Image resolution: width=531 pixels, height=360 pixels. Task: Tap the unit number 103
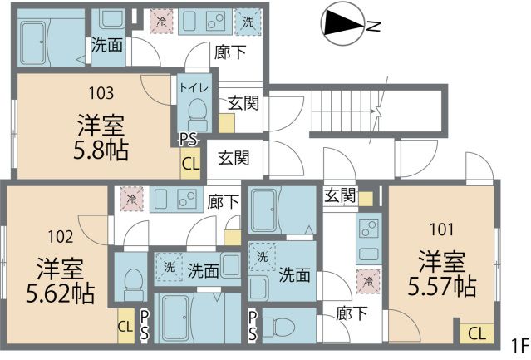coord(101,93)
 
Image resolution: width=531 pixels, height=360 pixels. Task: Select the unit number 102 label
coord(61,237)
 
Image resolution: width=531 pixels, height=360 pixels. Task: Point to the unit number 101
coord(442,229)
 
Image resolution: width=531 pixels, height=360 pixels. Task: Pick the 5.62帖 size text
coord(61,293)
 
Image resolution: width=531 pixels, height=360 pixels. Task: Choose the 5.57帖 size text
coord(442,286)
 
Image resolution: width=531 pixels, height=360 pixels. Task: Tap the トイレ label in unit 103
coord(194,88)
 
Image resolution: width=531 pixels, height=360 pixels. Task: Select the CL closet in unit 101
coord(476,333)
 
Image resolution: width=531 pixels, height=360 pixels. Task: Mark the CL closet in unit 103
coord(190,163)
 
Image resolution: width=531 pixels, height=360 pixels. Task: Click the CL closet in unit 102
coord(125,326)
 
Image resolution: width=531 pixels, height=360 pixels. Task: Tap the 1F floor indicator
coord(520,345)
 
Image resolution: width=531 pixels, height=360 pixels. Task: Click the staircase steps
coord(342,111)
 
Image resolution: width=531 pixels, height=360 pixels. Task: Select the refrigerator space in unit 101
coord(368,281)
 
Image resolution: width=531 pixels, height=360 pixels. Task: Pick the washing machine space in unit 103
coord(248,22)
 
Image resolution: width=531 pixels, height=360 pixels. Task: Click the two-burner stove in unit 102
coord(187,199)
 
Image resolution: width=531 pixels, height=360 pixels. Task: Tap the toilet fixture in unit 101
coord(278,327)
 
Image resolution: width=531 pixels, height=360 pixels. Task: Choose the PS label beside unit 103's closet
coord(189,139)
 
